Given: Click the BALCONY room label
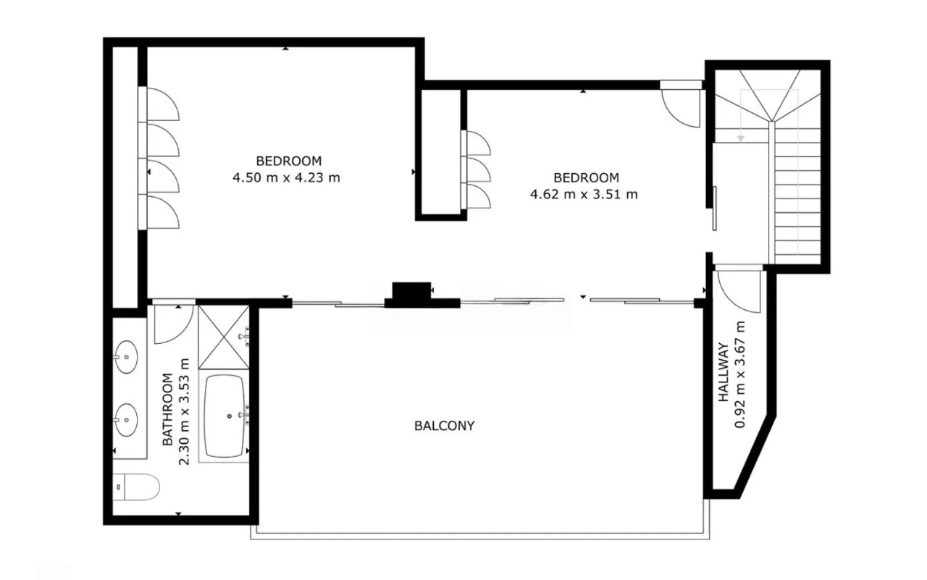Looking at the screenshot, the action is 444,426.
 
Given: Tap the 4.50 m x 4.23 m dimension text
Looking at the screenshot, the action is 286,177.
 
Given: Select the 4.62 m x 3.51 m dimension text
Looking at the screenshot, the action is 584,194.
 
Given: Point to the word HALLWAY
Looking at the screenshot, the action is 723,371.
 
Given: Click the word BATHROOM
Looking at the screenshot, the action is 167,409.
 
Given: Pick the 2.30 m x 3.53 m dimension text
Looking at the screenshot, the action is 184,411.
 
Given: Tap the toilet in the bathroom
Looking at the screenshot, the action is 136,487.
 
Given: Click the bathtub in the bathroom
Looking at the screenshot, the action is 224,416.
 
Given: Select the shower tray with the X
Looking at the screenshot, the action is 224,337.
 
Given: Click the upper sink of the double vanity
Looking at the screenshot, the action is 126,357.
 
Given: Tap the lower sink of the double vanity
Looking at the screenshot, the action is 126,419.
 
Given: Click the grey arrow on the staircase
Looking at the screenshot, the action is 741,138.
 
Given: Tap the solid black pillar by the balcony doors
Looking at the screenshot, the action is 411,290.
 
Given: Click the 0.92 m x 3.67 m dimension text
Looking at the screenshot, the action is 740,374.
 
